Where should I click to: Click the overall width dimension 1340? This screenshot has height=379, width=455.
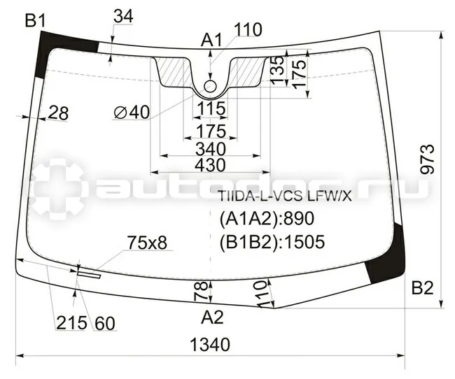[210, 345]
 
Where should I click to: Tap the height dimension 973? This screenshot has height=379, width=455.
[428, 159]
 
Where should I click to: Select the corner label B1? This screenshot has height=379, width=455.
[36, 20]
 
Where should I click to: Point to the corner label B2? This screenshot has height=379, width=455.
[423, 288]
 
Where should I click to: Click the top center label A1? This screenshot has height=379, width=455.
[211, 40]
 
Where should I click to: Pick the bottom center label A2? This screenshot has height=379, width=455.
[212, 317]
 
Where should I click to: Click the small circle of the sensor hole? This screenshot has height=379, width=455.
[210, 86]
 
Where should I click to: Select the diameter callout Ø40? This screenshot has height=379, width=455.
[132, 112]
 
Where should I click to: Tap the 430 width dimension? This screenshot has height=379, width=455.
[210, 165]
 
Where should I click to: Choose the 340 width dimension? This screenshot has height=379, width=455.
[211, 150]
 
